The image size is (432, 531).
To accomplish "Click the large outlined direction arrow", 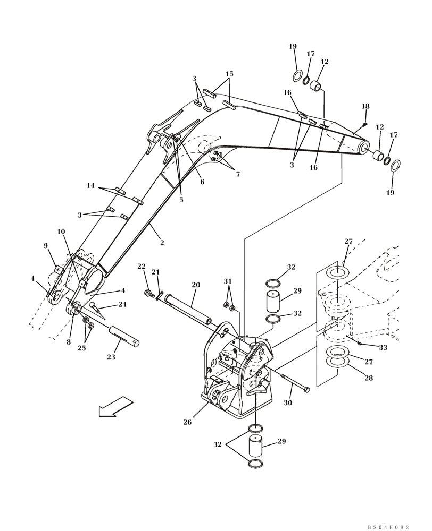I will tap(115, 407).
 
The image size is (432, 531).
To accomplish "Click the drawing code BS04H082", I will tap(388, 527).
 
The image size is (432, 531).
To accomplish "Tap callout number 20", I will tap(196, 285).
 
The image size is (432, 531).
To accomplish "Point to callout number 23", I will tap(111, 357).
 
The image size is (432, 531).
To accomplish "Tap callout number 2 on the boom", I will tap(162, 243).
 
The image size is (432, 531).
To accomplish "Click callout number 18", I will tap(365, 106).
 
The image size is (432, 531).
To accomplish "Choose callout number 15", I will tap(229, 74).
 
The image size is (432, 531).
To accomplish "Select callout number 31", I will tap(228, 281).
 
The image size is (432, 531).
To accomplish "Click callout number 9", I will tap(46, 245).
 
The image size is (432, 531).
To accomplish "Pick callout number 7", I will tap(238, 174).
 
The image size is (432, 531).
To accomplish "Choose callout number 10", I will tap(61, 232).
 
